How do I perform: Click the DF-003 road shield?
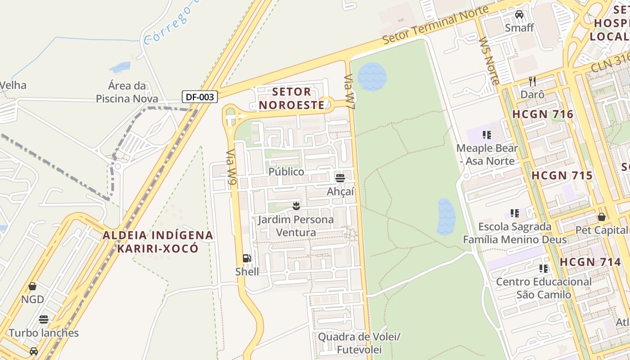(200, 96)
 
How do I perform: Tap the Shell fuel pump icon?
(247, 258)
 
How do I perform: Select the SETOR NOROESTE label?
(292, 99)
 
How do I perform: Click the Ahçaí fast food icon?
(340, 178)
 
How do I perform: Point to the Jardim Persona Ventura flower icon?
(296, 206)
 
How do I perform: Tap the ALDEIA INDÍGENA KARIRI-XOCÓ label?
(157, 242)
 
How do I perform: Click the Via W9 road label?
(231, 167)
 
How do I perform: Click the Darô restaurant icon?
(532, 81)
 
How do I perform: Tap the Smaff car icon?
(519, 14)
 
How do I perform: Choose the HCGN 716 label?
(543, 114)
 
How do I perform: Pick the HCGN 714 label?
(590, 262)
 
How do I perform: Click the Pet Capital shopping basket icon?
(601, 217)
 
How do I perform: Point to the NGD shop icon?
(32, 286)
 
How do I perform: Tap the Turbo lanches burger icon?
(44, 319)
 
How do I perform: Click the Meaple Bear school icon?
(486, 135)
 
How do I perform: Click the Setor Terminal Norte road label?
(435, 25)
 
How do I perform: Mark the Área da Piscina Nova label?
(127, 92)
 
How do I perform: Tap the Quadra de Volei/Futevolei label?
(359, 343)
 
